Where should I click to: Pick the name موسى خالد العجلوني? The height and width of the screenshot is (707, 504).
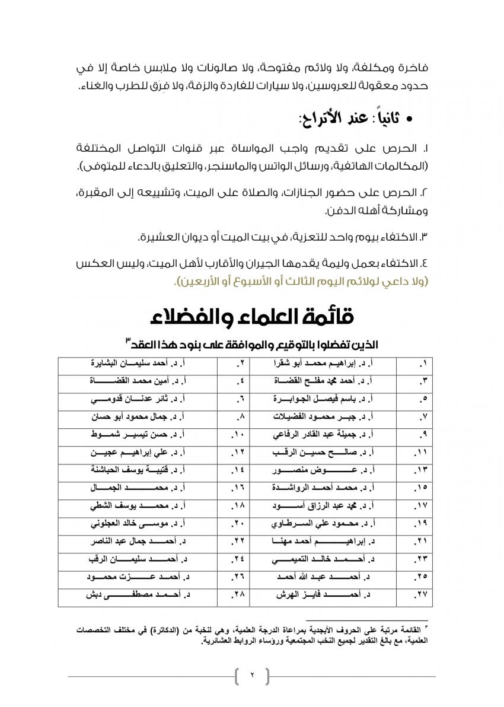(x=139, y=524)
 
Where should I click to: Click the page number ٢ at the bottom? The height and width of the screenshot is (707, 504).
(x=251, y=676)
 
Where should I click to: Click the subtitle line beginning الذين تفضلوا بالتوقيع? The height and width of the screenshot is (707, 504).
(x=251, y=343)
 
